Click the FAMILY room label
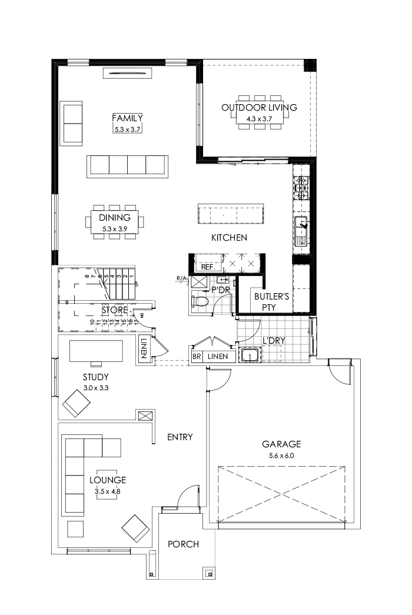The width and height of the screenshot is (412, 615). (128, 118)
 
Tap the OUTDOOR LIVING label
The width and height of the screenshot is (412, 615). (259, 108)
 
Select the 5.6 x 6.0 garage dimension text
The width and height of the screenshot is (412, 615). (281, 455)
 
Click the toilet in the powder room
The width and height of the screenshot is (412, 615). (201, 302)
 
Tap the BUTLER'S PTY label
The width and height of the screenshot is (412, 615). (271, 302)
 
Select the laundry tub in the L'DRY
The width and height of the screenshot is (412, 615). (251, 355)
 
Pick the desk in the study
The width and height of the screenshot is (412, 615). (96, 351)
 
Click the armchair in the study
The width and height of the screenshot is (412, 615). (77, 404)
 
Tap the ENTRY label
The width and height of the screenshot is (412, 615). (180, 437)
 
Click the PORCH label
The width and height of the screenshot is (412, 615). (183, 544)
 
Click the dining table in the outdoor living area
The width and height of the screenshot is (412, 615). (259, 112)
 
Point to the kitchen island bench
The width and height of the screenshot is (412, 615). (230, 214)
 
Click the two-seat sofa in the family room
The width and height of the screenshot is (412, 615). (72, 124)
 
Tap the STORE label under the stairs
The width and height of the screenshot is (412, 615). (114, 310)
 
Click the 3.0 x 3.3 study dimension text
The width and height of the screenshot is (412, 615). (95, 389)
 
